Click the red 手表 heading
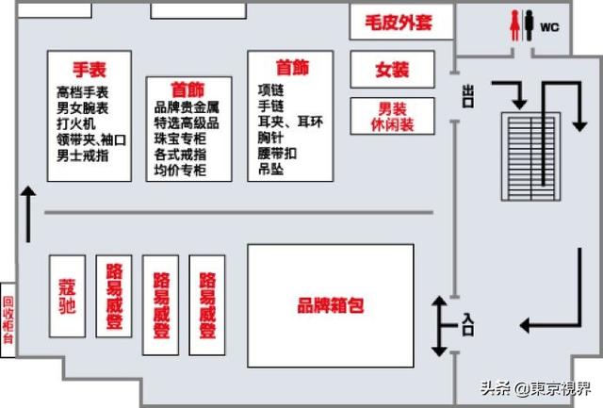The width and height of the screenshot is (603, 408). pyautogui.click(x=90, y=70)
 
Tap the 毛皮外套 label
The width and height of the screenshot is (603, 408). pyautogui.click(x=399, y=23)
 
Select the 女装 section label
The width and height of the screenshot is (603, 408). pyautogui.click(x=392, y=70)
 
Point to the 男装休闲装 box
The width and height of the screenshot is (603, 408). pyautogui.click(x=392, y=116)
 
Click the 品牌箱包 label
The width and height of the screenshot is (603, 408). pyautogui.click(x=331, y=305)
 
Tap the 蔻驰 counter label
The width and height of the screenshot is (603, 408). pyautogui.click(x=67, y=296)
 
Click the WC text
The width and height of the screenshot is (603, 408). pyautogui.click(x=549, y=27)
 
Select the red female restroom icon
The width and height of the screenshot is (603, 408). pyautogui.click(x=515, y=25)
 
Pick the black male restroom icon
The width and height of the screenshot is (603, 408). pyautogui.click(x=530, y=25)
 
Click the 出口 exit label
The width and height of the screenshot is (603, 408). pyautogui.click(x=468, y=96)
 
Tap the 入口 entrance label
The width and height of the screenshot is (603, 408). pyautogui.click(x=467, y=325)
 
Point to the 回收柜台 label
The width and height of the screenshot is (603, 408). pyautogui.click(x=8, y=320)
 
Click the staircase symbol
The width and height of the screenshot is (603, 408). pyautogui.click(x=530, y=156)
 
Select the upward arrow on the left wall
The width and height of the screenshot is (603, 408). pyautogui.click(x=27, y=214)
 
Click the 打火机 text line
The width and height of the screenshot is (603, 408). pyautogui.click(x=76, y=123)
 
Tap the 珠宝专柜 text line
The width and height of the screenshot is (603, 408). pyautogui.click(x=180, y=139)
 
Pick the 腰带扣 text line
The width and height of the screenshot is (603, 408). pyautogui.click(x=277, y=154)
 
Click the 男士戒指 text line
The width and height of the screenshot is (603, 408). pyautogui.click(x=83, y=155)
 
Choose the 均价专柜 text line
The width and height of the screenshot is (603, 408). pyautogui.click(x=180, y=170)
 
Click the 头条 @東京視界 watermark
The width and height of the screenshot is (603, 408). pyautogui.click(x=536, y=388)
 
